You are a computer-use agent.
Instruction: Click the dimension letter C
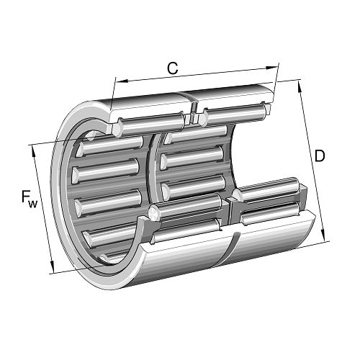pos(173,68)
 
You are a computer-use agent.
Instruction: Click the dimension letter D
pos(320,156)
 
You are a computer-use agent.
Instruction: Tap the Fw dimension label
pos(30,199)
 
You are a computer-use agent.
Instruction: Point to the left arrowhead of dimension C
pos(122,81)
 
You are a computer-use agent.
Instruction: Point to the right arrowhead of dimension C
pos(271,68)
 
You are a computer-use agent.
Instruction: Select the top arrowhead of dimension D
pos(300,86)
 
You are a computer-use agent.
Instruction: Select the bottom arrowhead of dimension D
pos(323,235)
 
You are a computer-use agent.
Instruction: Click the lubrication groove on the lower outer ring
pos(228,250)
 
